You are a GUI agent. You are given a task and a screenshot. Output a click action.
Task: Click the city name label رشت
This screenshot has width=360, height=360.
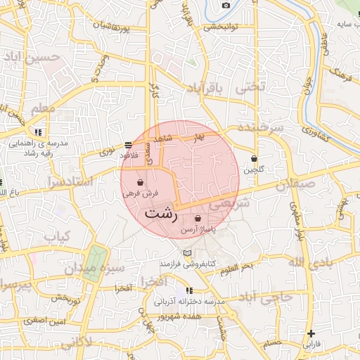(x=160, y=214)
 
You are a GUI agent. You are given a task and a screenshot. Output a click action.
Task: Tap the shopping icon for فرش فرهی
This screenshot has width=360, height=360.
(x=141, y=182)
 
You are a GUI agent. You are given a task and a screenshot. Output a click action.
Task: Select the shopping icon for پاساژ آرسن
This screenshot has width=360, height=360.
(x=197, y=219)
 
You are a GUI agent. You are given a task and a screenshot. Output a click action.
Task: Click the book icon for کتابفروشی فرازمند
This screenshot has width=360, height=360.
(x=186, y=253)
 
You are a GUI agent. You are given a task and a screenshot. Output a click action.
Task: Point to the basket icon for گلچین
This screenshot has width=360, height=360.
(x=254, y=159)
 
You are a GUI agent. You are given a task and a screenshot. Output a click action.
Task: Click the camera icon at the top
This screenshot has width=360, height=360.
(x=226, y=6)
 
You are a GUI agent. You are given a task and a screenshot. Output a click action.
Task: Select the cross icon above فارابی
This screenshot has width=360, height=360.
(x=311, y=333)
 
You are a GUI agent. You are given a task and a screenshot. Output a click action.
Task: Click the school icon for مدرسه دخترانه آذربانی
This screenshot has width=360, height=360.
(x=189, y=290)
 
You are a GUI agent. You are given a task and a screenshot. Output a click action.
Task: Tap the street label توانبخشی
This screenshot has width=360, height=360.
(x=222, y=28)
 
